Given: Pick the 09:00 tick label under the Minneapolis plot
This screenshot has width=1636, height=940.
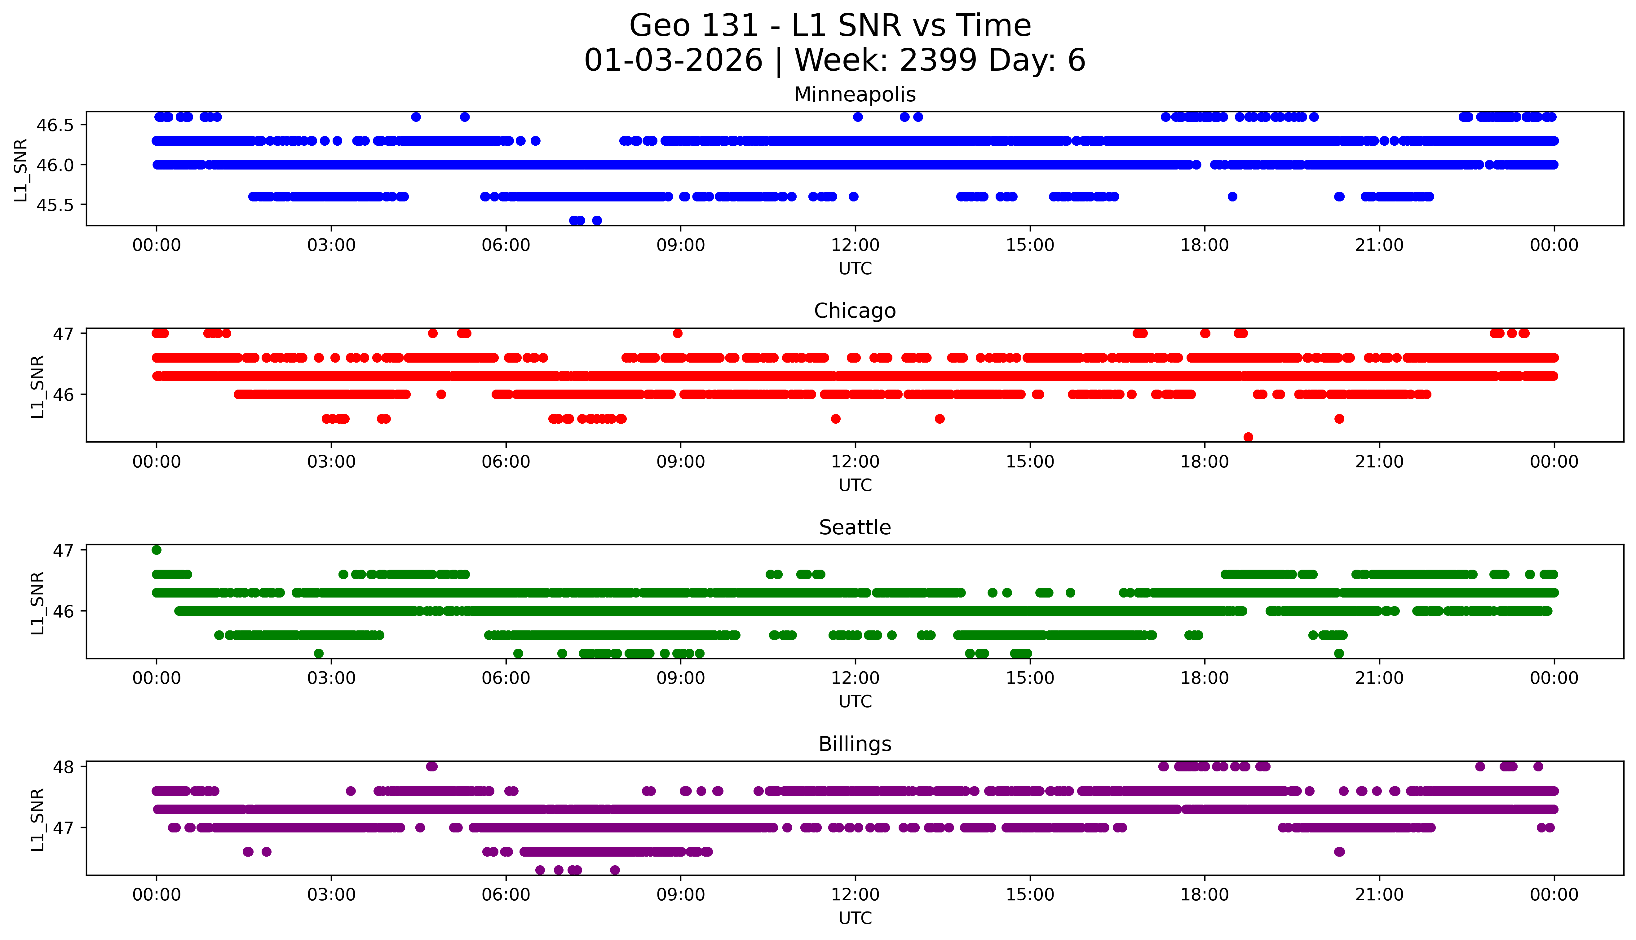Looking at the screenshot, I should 680,245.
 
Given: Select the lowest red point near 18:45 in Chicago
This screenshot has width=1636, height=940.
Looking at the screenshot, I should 1248,437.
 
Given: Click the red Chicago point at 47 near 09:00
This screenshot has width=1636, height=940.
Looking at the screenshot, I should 677,333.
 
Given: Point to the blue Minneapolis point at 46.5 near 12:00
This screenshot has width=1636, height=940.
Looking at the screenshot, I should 857,117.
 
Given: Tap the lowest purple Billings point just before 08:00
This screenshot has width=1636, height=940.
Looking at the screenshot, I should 615,870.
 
